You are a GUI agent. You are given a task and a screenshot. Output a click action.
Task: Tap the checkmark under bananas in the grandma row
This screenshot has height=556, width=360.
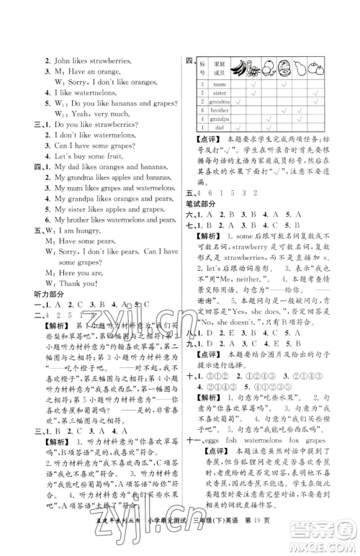tap(237, 102)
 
